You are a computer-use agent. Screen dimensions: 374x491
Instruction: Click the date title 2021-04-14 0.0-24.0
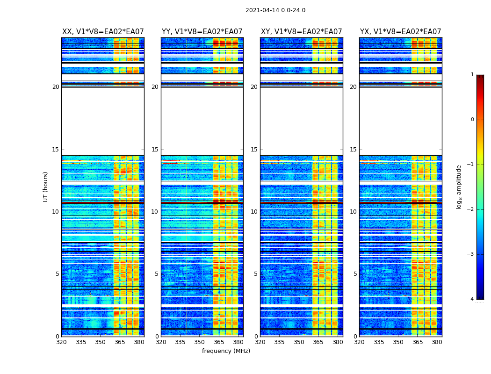pos(275,10)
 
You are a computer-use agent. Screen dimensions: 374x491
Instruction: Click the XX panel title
pos(103,32)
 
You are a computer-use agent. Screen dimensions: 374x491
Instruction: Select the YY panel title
pos(202,32)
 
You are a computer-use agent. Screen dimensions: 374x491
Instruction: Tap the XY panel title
pos(302,32)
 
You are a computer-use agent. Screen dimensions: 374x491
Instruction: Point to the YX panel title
pos(400,32)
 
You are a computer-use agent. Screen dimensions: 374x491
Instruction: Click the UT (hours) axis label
pos(46,187)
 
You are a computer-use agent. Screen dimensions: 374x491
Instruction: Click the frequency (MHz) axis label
pos(226,351)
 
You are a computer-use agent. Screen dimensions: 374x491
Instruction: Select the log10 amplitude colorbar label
pos(459,187)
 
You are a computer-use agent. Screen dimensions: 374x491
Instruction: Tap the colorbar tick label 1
pos(472,75)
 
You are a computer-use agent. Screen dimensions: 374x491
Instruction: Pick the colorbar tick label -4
pos(471,299)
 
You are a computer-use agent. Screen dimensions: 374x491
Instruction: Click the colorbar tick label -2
pos(471,209)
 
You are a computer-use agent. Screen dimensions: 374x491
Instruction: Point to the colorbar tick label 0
pos(472,120)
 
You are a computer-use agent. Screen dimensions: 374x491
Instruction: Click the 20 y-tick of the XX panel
pos(56,87)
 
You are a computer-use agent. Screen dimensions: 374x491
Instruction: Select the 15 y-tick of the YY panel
pos(155,150)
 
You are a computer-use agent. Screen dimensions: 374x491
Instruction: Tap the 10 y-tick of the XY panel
pos(254,212)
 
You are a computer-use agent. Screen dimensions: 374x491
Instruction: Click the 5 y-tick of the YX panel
pos(355,274)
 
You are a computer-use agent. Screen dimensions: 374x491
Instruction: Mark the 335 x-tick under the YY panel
pos(180,342)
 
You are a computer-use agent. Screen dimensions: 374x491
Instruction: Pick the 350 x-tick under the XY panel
pos(299,342)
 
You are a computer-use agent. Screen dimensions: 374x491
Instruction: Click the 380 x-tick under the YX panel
pos(437,342)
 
